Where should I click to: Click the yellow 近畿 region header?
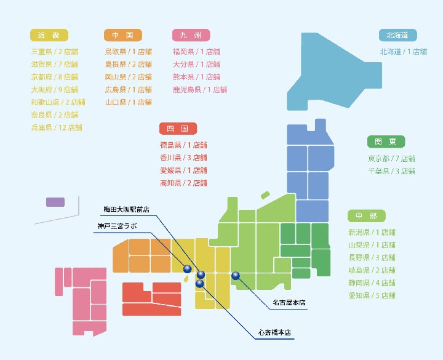pyautogui.click(x=49, y=35)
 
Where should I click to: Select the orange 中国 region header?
pyautogui.click(x=123, y=35)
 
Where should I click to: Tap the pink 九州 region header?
pyautogui.click(x=191, y=35)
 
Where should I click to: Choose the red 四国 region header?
pyautogui.click(x=177, y=129)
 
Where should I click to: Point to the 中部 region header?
pyautogui.click(x=366, y=215)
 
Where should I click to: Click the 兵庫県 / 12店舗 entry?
pyautogui.click(x=57, y=128)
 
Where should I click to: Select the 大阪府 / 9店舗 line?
pyautogui.click(x=55, y=90)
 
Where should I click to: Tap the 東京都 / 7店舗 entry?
pyautogui.click(x=391, y=158)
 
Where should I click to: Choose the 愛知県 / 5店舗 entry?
pyautogui.click(x=372, y=295)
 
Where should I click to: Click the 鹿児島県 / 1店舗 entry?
pyautogui.click(x=200, y=90)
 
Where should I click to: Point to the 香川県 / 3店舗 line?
pyautogui.click(x=183, y=158)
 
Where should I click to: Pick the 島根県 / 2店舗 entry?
pyautogui.click(x=128, y=64)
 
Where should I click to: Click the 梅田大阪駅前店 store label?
pyautogui.click(x=126, y=209)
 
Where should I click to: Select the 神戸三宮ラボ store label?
pyautogui.click(x=117, y=226)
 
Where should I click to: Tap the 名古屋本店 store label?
pyautogui.click(x=289, y=303)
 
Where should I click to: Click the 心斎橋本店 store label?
pyautogui.click(x=275, y=334)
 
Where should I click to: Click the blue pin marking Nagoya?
pyautogui.click(x=235, y=276)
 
